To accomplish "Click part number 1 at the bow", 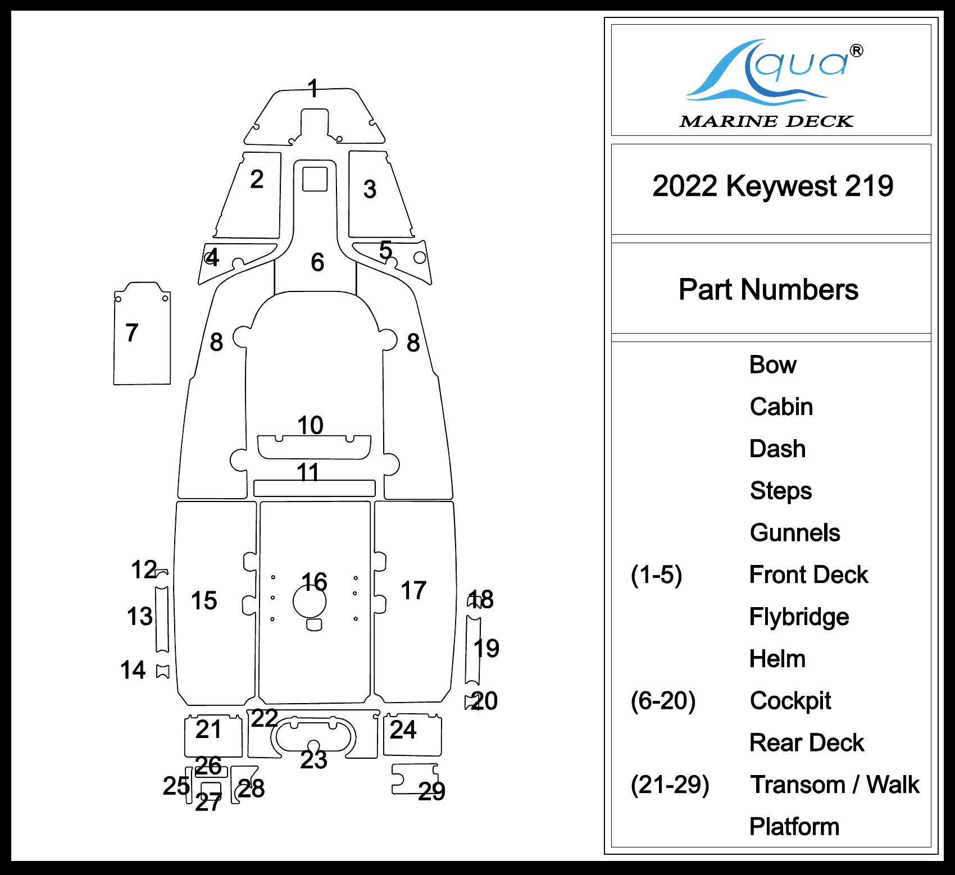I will (x=313, y=89).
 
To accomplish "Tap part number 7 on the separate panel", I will (x=131, y=332).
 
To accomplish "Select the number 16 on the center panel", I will (x=314, y=582).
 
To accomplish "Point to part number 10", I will (x=310, y=425).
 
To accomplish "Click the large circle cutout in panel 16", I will (x=310, y=601).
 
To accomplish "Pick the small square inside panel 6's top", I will (x=315, y=178).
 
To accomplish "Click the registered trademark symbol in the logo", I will (x=856, y=51).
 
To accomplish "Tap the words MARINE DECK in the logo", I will (x=766, y=121).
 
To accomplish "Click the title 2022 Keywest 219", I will (x=772, y=186).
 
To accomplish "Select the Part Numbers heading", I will (x=768, y=290).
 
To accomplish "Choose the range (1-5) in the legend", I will (x=656, y=575).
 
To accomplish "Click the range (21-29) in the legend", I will (x=670, y=785).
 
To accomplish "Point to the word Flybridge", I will (x=798, y=617).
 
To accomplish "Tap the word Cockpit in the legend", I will (x=790, y=701).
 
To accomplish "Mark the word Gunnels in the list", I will (x=794, y=532).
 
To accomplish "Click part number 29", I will (x=431, y=791).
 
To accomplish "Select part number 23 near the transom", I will (x=313, y=760).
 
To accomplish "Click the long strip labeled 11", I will (x=314, y=488).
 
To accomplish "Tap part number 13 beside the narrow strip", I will (x=139, y=617).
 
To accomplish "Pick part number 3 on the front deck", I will (x=369, y=189).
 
